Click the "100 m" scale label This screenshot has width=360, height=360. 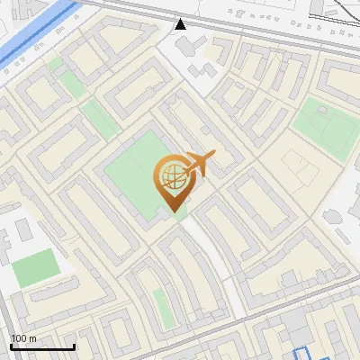tap(24, 338)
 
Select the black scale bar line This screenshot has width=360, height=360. tap(42, 346)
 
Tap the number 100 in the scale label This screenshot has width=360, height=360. tap(19, 338)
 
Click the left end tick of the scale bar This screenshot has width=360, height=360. tap(11, 345)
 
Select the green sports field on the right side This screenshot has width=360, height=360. tap(328, 126)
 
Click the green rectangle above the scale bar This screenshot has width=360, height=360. tap(36, 267)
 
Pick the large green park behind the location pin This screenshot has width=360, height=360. tap(135, 171)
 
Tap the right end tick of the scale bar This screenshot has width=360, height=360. tap(74, 345)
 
